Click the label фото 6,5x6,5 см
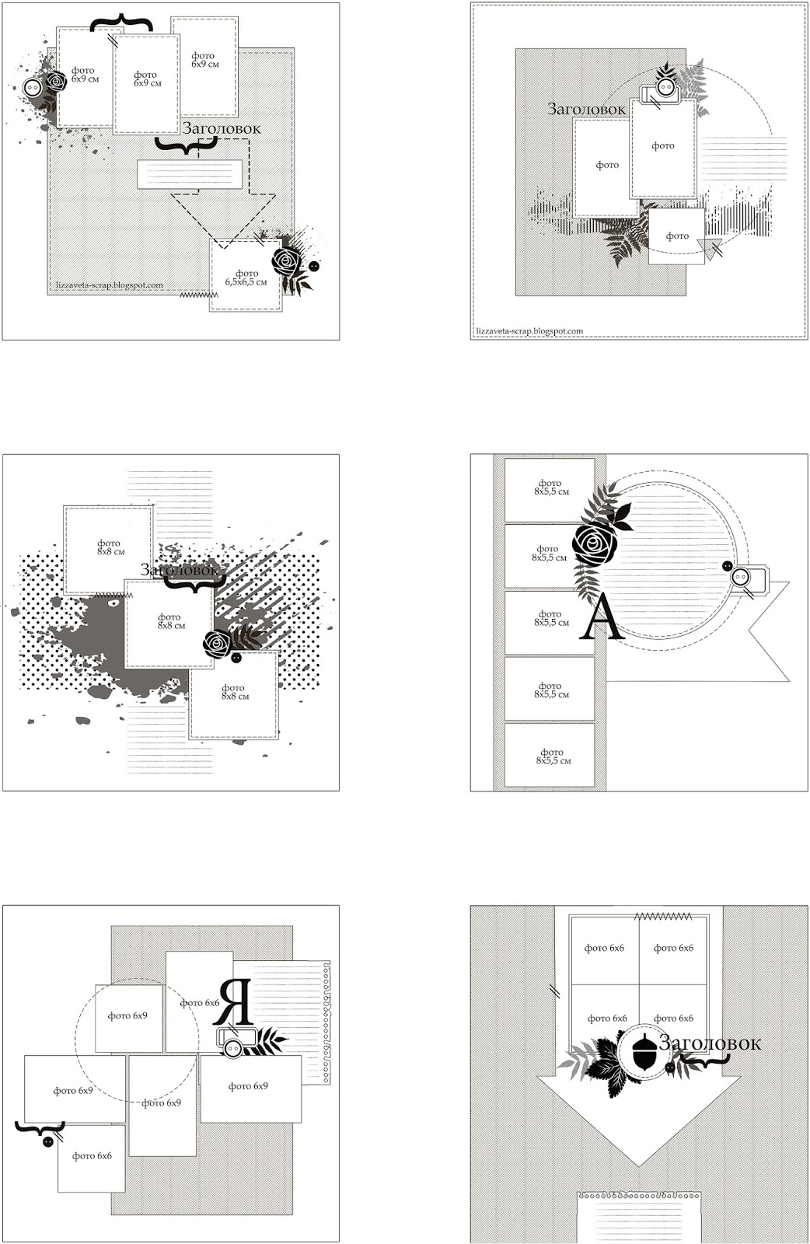246,278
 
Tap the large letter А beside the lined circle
599,617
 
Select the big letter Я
233,1001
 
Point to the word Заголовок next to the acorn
710,1043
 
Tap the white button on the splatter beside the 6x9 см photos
33,87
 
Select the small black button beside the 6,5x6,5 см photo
314,266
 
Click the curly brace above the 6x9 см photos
122,23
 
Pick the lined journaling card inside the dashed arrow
190,174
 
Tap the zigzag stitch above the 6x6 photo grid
663,916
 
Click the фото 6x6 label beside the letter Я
199,1002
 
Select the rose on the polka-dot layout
217,643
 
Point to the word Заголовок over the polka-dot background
180,569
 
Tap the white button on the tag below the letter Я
232,1047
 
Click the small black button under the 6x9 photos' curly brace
47,1141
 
